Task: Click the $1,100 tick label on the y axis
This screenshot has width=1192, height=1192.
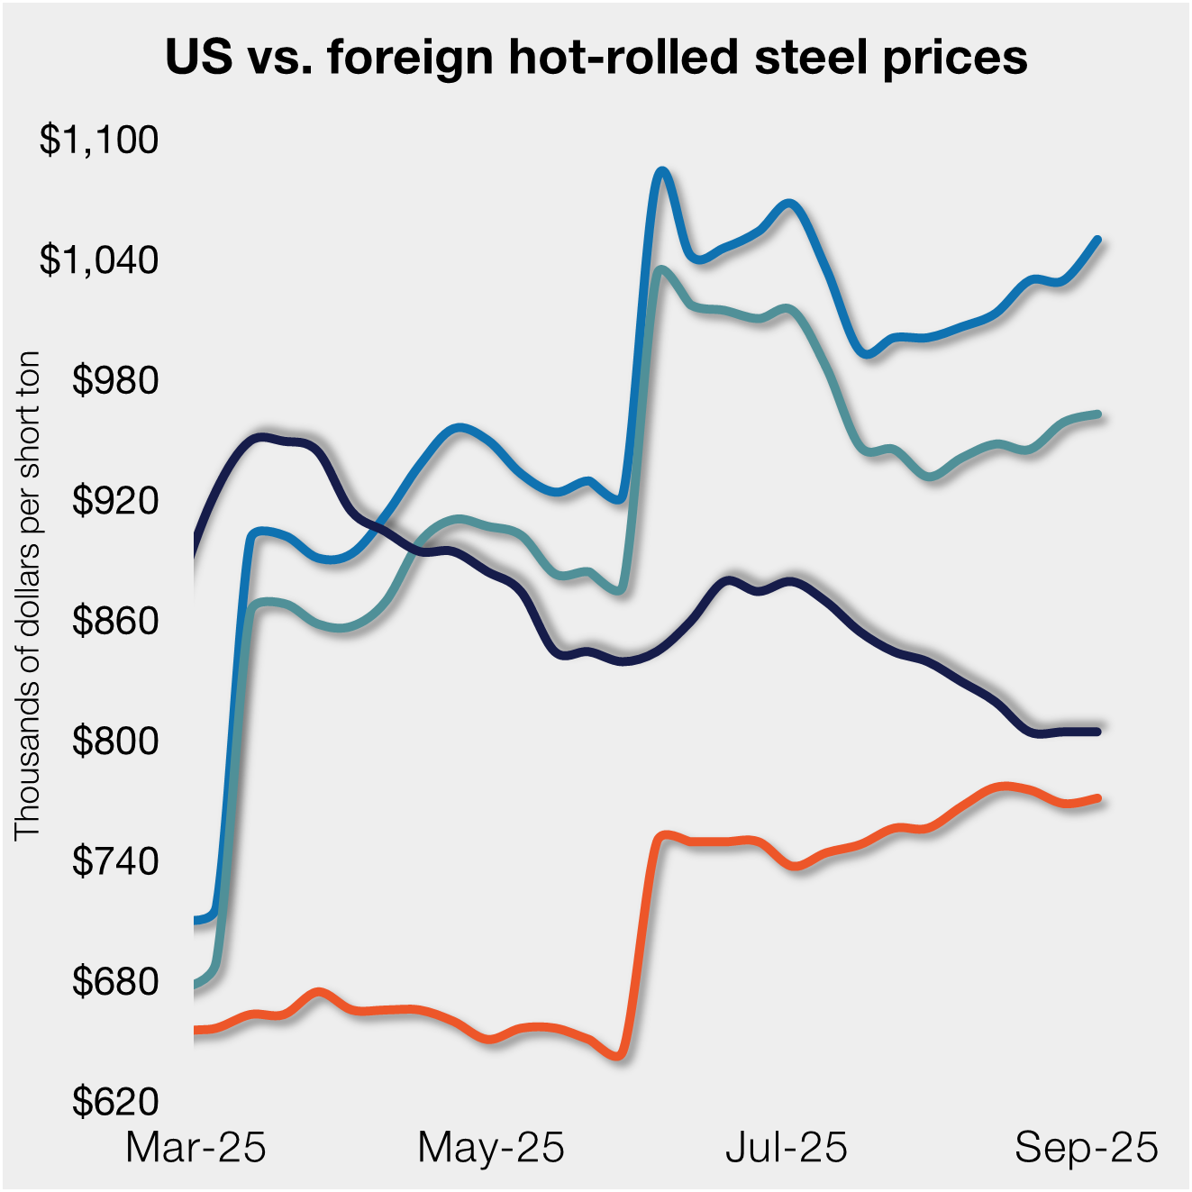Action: (99, 140)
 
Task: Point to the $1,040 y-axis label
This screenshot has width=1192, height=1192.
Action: (99, 259)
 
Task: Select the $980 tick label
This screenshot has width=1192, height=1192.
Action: (115, 380)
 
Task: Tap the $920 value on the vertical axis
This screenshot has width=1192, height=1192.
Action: (115, 500)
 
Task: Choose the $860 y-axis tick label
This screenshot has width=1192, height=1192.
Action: (115, 621)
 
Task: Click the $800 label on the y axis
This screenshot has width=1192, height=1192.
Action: (115, 741)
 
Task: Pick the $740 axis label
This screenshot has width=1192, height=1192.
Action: (115, 861)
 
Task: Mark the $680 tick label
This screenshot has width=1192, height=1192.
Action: (115, 981)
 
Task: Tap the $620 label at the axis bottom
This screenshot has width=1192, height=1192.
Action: (115, 1101)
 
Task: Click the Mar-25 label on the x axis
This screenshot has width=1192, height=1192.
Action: (196, 1148)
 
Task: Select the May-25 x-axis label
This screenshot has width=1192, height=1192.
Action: (491, 1148)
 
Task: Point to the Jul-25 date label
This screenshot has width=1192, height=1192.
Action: (787, 1148)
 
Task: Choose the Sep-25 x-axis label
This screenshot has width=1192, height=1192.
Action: (1086, 1148)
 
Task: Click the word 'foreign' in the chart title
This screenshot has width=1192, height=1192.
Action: (411, 58)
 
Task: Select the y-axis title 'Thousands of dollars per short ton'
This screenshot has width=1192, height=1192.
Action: (28, 596)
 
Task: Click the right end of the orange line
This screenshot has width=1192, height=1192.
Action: (1097, 797)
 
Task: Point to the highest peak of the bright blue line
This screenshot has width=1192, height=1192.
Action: (662, 170)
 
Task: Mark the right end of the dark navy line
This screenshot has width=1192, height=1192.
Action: (1097, 731)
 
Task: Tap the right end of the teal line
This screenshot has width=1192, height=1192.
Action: (1097, 414)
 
